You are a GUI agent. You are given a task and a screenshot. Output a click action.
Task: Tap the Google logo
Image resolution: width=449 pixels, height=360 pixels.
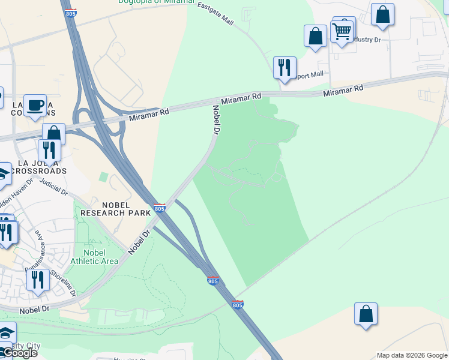pos(19,353)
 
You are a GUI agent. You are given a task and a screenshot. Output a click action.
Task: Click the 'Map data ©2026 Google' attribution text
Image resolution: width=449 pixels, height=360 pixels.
pos(412,355)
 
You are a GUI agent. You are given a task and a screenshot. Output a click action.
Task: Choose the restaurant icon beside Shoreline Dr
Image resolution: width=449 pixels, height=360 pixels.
pos(38,279)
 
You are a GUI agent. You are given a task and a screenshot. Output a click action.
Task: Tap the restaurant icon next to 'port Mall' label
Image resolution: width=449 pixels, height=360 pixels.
pos(284,67)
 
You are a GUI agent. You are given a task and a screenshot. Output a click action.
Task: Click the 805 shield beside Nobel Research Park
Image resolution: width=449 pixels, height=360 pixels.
pos(159,208)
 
